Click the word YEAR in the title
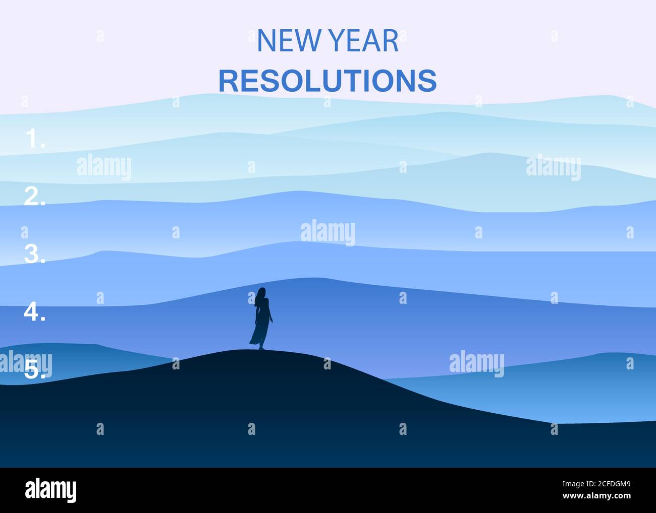tap(363, 40)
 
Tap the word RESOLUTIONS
tap(327, 81)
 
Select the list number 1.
tap(35, 138)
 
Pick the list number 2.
tap(35, 196)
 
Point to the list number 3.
tap(35, 254)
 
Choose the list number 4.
tap(34, 311)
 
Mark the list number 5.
tap(35, 369)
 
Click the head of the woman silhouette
tap(262, 292)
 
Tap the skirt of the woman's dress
tap(259, 333)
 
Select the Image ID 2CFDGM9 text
tap(596, 484)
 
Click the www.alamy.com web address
tap(596, 496)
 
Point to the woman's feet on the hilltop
tap(261, 348)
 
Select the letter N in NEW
tap(266, 40)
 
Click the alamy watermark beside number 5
tap(26, 363)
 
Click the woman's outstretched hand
tap(271, 321)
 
